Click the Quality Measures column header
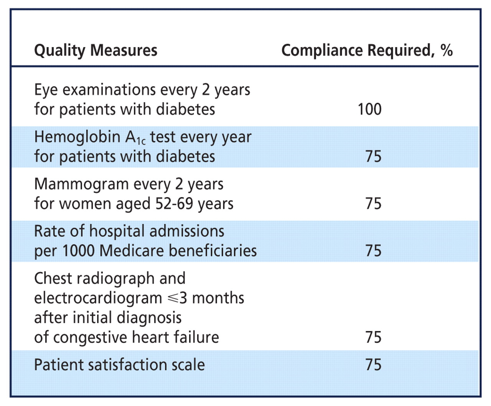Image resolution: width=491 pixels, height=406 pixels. (96, 51)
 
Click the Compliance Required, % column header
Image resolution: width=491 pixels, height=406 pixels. (367, 51)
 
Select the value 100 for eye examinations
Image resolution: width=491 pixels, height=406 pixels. (369, 109)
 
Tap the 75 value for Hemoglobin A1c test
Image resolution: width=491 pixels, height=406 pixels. (373, 156)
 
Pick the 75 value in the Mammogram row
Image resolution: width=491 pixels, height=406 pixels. (373, 204)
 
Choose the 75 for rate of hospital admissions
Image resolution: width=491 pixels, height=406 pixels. (373, 251)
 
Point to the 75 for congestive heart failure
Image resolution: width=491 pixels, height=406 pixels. (373, 337)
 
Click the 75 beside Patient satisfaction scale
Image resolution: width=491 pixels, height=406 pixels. (373, 365)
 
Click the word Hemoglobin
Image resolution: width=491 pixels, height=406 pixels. (77, 137)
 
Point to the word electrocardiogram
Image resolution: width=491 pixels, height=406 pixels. (98, 298)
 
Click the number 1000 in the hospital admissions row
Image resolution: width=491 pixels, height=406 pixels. (78, 251)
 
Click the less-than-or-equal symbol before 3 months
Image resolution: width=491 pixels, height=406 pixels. (173, 298)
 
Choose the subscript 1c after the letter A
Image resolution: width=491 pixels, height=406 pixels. (141, 141)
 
